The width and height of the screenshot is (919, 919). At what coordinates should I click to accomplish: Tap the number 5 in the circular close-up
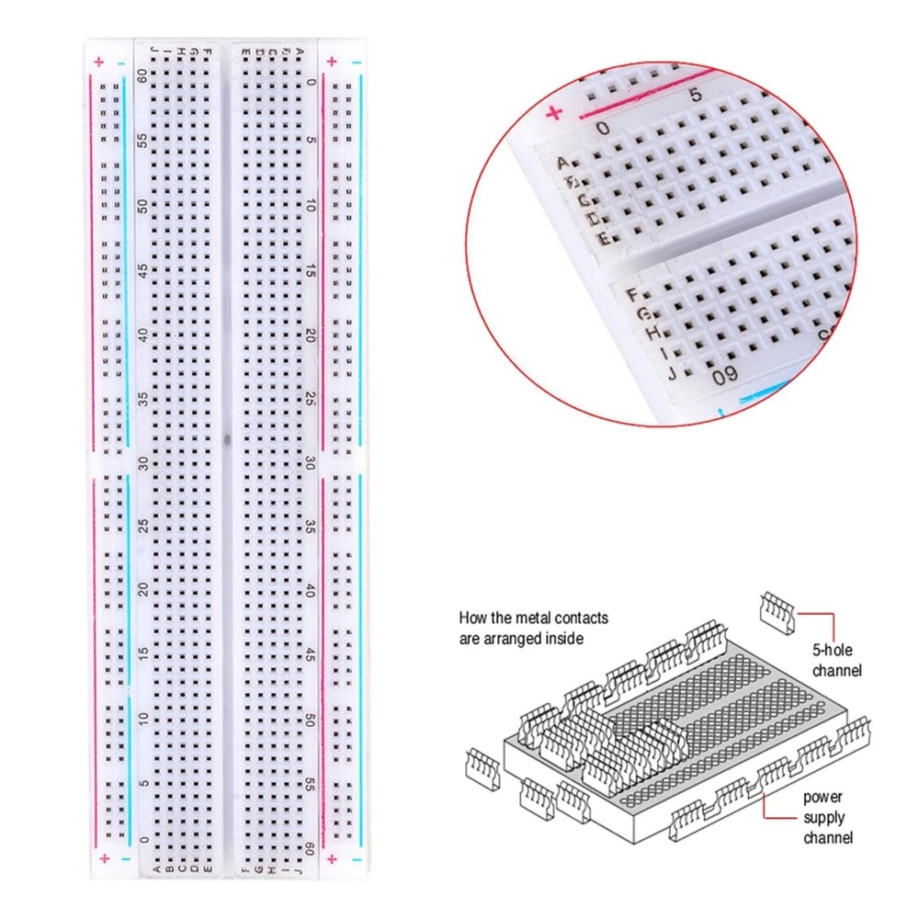(695, 94)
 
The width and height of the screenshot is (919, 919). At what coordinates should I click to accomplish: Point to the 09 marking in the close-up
(725, 374)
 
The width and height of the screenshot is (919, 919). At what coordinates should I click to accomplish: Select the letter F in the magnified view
(631, 295)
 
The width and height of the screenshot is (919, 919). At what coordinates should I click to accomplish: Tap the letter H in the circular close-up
(651, 331)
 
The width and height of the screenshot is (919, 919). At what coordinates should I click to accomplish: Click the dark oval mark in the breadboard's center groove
(226, 438)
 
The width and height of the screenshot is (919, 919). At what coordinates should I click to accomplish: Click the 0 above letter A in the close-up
(602, 129)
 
